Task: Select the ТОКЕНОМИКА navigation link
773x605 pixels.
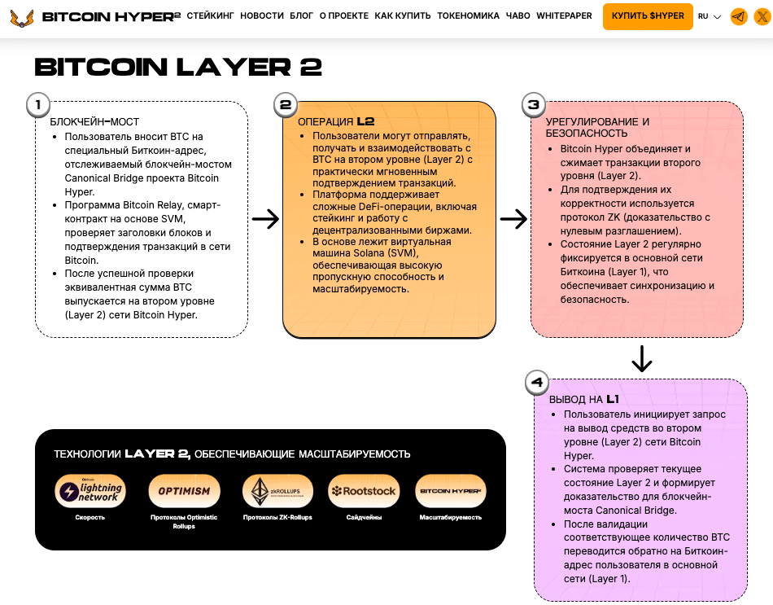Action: (468, 16)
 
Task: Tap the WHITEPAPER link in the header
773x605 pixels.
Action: (564, 16)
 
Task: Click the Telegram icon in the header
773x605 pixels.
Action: (739, 16)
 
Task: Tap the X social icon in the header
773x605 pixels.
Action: (761, 16)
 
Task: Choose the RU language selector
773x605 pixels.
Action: (709, 16)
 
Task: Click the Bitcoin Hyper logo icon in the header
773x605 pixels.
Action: (22, 16)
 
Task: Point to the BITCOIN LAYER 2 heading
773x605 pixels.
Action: (178, 67)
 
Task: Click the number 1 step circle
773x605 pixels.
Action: (38, 104)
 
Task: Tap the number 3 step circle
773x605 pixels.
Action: (533, 104)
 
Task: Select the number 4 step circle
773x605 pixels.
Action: (536, 382)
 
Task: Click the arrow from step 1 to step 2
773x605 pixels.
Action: (265, 218)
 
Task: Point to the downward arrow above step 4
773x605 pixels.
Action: (642, 358)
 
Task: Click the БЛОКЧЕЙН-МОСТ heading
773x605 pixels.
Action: (89, 122)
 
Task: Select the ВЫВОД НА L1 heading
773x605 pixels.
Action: (584, 400)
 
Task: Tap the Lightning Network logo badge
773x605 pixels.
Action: (90, 491)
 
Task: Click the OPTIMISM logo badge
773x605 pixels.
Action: (184, 491)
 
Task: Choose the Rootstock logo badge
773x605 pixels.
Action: (364, 491)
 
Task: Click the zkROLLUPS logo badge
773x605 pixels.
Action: (277, 491)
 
